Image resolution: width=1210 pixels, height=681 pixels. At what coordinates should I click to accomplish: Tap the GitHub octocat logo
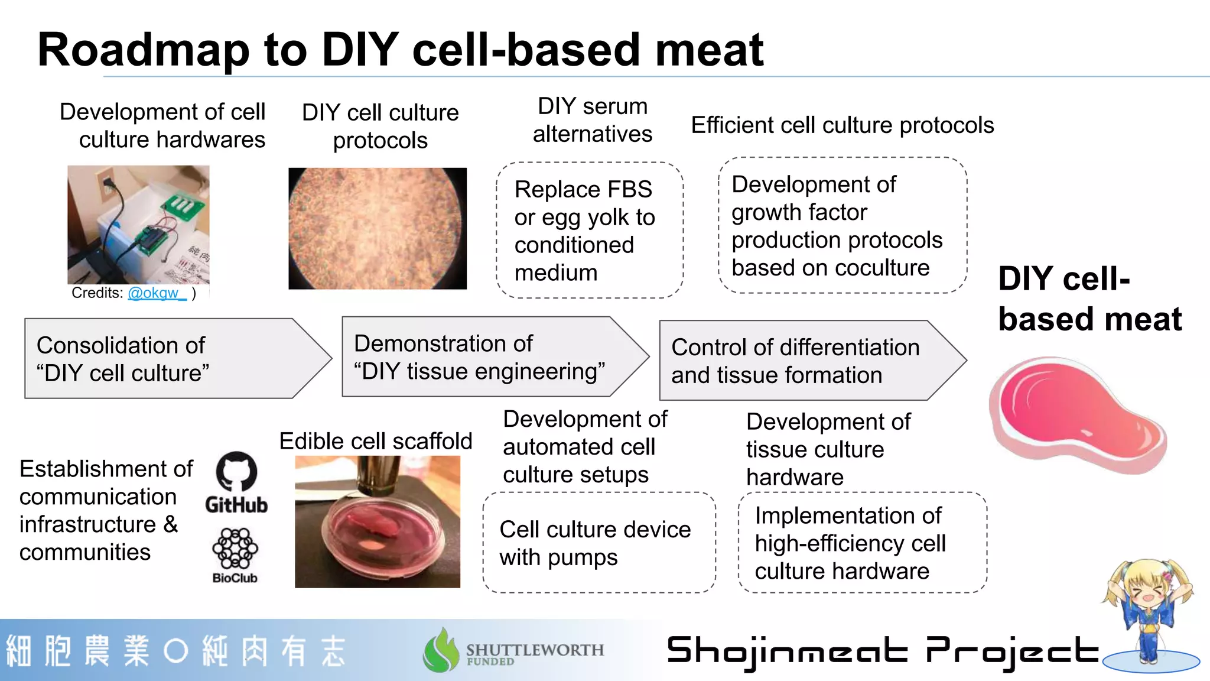click(236, 472)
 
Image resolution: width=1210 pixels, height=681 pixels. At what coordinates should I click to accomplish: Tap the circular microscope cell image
click(378, 229)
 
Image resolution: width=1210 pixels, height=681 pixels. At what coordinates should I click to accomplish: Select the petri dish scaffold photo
click(378, 521)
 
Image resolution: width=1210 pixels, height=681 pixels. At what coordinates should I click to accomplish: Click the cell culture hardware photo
click(138, 225)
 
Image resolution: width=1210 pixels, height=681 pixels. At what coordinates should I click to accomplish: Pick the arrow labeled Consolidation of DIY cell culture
click(171, 359)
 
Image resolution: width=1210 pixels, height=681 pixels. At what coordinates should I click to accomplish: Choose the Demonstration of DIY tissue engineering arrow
click(490, 357)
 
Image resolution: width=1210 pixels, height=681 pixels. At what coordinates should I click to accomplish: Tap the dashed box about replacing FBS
click(590, 231)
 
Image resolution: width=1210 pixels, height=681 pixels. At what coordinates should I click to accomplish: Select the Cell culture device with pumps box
click(599, 543)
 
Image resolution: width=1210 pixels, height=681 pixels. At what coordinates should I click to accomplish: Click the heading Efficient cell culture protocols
click(843, 125)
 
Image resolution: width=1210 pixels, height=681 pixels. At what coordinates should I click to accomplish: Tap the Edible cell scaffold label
click(376, 441)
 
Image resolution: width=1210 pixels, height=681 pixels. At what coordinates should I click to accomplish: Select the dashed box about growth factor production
click(843, 225)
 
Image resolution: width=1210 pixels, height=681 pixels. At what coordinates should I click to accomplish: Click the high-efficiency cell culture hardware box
click(863, 543)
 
